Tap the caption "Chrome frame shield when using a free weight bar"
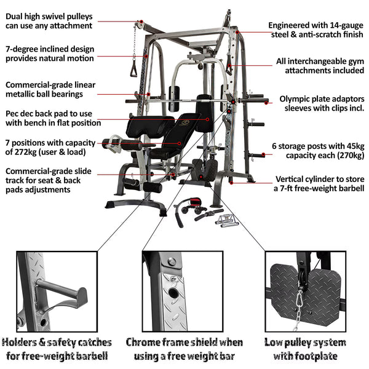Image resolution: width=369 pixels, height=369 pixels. pyautogui.click(x=184, y=348)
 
